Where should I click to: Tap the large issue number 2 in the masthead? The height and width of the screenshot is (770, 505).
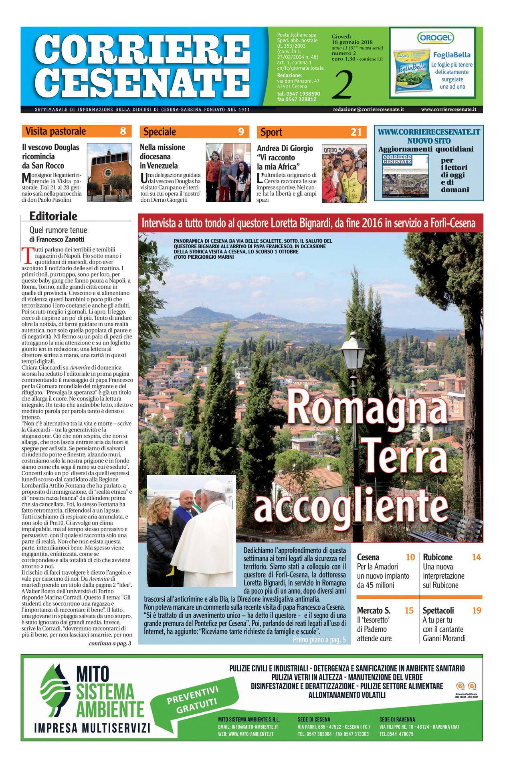pyautogui.click(x=342, y=85)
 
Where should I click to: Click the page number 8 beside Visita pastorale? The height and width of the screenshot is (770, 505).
pyautogui.click(x=123, y=131)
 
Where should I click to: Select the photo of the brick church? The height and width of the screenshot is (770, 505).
pyautogui.click(x=109, y=172)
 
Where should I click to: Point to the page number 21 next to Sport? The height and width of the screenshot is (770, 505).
pyautogui.click(x=356, y=132)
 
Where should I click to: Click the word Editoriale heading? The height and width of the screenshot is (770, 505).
pyautogui.click(x=53, y=216)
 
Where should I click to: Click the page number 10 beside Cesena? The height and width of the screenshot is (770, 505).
pyautogui.click(x=410, y=557)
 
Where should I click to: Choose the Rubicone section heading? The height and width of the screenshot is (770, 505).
pyautogui.click(x=438, y=557)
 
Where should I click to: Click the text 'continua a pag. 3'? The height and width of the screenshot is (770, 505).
pyautogui.click(x=110, y=643)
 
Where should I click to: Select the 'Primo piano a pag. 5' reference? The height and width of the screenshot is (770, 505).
pyautogui.click(x=319, y=640)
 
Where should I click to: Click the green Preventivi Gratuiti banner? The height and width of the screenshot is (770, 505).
pyautogui.click(x=192, y=699)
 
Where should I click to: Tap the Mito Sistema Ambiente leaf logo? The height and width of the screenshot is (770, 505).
pyautogui.click(x=55, y=691)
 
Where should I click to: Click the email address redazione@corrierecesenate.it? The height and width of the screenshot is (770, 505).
pyautogui.click(x=368, y=109)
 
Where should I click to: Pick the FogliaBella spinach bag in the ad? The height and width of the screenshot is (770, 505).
pyautogui.click(x=410, y=70)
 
